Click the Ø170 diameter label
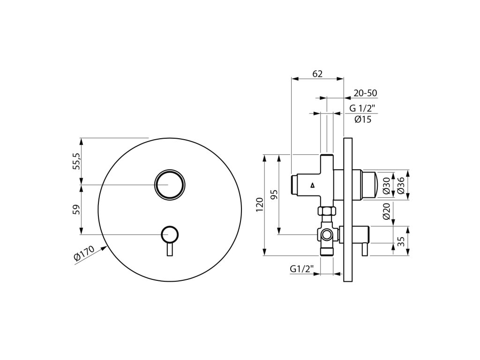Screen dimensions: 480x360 [x=84, y=253]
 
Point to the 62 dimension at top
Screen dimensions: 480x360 [x=317, y=74]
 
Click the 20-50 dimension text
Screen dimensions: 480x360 [x=365, y=93]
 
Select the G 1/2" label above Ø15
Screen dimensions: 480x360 [x=362, y=108]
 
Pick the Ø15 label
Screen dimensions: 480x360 [x=363, y=119]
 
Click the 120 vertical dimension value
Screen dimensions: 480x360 [x=260, y=205]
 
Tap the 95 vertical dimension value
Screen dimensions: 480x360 [x=274, y=195]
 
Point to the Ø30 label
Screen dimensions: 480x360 [x=386, y=186]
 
